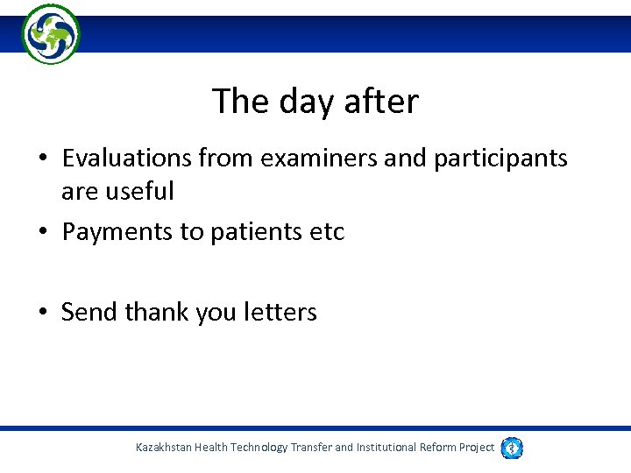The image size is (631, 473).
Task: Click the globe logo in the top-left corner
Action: point(51,33)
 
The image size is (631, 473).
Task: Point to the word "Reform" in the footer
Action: point(436,448)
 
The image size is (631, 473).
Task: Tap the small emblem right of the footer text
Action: point(513,448)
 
